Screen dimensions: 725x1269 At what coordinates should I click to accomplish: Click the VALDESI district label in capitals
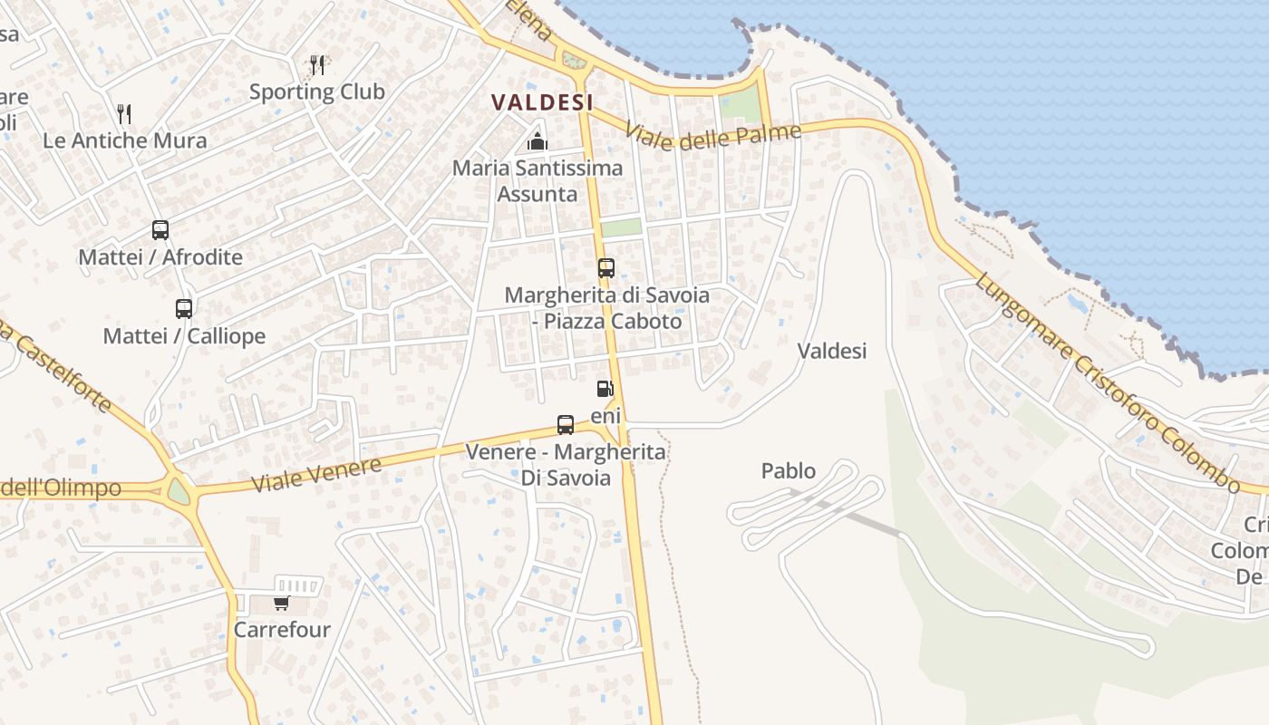[x=542, y=102]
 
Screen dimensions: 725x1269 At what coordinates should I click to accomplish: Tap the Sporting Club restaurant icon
[x=317, y=65]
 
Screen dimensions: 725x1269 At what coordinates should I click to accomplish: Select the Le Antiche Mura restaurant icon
[x=124, y=114]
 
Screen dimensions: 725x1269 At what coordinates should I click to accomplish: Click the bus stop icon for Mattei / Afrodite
[x=160, y=230]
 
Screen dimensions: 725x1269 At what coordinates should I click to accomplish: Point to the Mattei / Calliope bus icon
[x=184, y=309]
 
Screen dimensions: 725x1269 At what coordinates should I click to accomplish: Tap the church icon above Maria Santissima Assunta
[x=538, y=142]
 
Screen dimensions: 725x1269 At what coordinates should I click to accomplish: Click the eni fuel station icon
[x=605, y=390]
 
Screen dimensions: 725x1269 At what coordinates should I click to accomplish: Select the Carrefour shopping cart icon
[x=281, y=603]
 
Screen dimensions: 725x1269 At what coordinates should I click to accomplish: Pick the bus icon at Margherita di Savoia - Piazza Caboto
[x=605, y=268]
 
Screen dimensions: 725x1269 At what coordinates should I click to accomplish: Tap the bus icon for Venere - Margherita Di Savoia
[x=565, y=424]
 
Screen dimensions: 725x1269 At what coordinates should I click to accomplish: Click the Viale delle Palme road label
[x=712, y=137]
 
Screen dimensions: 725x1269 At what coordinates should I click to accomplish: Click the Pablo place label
[x=788, y=471]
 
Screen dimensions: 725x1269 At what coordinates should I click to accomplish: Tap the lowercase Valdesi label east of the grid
[x=832, y=351]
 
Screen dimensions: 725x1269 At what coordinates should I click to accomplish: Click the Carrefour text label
[x=282, y=630]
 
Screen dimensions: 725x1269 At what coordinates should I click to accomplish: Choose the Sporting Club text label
[x=317, y=92]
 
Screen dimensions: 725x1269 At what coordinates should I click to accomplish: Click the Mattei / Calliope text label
[x=184, y=336]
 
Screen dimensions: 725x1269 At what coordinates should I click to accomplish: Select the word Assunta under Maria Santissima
[x=538, y=194]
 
